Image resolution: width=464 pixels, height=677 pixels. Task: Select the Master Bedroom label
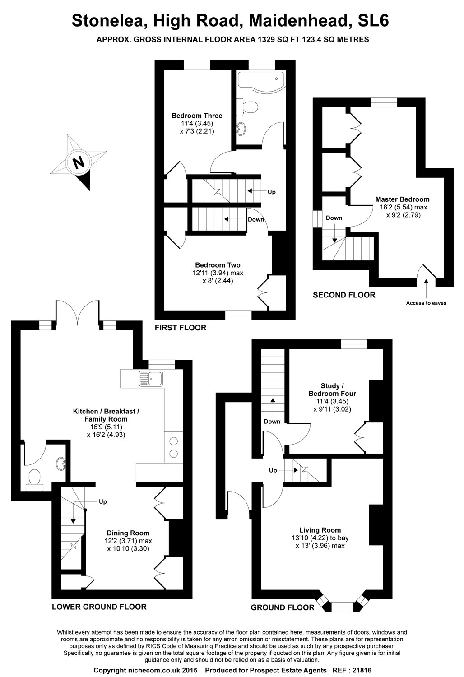click(402, 199)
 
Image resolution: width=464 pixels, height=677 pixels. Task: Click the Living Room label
click(320, 530)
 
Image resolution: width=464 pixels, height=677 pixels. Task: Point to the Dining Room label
click(128, 533)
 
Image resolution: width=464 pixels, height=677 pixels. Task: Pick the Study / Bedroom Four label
click(332, 390)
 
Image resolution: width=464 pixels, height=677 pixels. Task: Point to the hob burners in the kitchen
click(173, 447)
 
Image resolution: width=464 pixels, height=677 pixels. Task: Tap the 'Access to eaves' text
click(426, 303)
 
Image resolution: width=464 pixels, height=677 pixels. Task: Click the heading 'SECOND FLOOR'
click(344, 295)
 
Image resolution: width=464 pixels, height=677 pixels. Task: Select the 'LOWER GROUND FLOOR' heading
click(99, 607)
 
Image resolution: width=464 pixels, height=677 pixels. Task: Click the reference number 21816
click(360, 671)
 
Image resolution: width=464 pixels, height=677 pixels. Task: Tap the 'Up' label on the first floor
click(271, 192)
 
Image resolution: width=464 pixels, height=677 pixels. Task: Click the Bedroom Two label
click(218, 265)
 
